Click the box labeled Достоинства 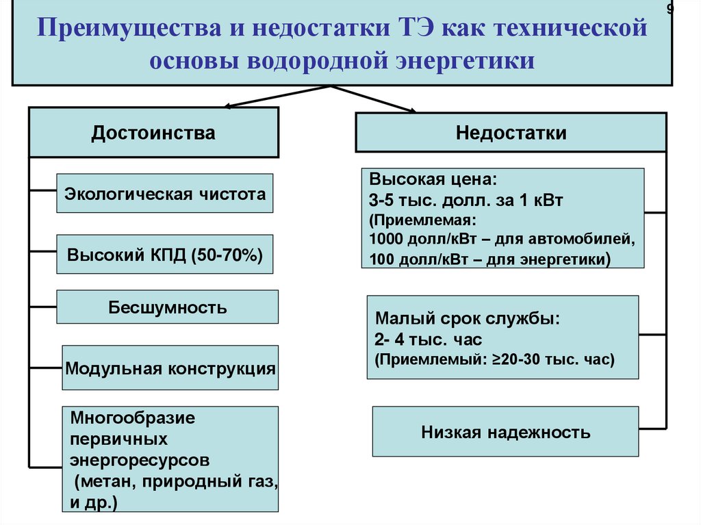153,133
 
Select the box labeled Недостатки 511,133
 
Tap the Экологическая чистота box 165,194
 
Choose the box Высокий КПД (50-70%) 165,255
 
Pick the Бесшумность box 167,307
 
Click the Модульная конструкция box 170,369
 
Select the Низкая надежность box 505,432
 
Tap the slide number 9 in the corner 670,8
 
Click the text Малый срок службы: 468,319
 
